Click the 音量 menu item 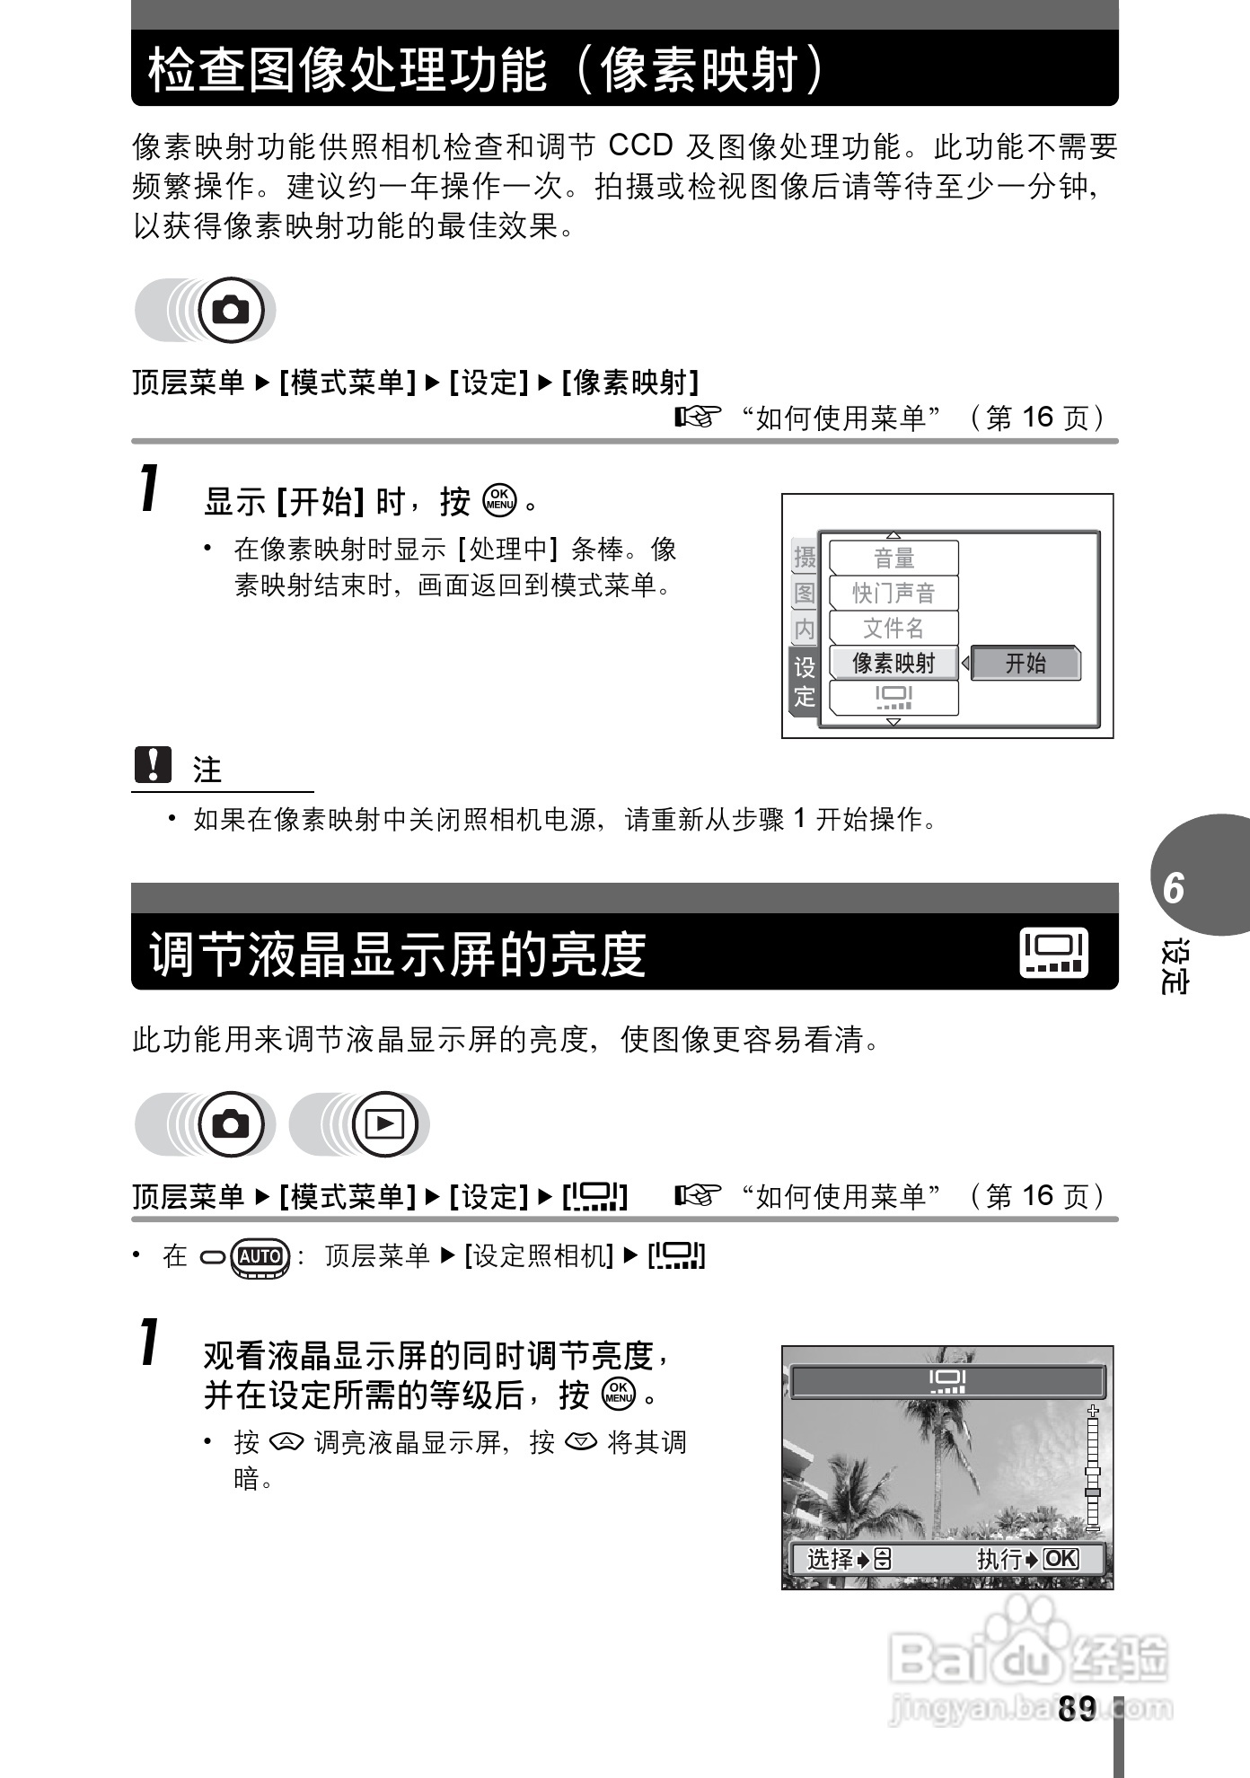tap(893, 559)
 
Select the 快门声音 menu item tap(893, 593)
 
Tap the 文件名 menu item tap(893, 628)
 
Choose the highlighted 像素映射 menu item tap(893, 663)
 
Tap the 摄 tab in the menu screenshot tap(805, 557)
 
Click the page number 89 tap(1077, 1708)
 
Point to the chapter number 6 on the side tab tap(1173, 887)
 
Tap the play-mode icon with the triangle tap(384, 1123)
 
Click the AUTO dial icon tap(260, 1256)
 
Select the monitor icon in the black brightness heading tap(1054, 952)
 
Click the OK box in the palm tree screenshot tap(1061, 1559)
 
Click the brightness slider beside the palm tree tap(1092, 1468)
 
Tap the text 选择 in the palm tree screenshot tap(830, 1559)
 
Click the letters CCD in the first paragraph tap(640, 145)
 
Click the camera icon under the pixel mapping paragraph tap(231, 310)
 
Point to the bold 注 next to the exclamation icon tap(207, 770)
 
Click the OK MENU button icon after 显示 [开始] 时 tap(499, 500)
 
